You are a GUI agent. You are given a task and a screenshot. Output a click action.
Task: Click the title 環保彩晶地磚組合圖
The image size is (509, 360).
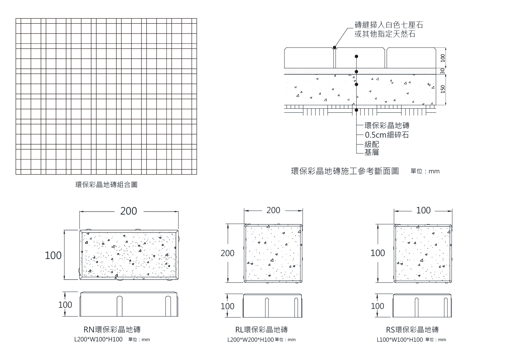106,185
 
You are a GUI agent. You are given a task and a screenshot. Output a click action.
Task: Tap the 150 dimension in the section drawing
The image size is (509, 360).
443,89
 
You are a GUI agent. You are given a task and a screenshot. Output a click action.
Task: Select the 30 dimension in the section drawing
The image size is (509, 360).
443,71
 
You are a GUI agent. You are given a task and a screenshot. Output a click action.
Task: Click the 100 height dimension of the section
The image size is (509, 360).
443,58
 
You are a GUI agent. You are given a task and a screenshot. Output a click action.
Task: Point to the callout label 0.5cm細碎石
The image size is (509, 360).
387,135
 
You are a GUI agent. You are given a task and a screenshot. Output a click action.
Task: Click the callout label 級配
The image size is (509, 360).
372,144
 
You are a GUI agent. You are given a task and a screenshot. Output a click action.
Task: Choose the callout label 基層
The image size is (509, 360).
372,152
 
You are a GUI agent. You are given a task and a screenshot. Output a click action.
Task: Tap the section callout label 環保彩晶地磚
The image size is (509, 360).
387,125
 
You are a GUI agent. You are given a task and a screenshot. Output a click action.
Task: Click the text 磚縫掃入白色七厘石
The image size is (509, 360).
389,25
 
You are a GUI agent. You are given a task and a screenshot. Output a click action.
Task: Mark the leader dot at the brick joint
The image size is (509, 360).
334,48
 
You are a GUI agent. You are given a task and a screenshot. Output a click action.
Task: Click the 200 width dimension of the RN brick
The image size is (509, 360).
129,211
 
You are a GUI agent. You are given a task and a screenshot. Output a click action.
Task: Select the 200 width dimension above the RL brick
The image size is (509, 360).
273,210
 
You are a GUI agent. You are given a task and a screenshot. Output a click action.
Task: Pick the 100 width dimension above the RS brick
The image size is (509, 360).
423,210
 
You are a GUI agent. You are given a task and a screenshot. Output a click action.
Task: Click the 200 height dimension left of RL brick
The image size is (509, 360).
227,253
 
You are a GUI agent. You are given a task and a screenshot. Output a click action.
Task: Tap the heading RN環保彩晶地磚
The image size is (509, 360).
112,330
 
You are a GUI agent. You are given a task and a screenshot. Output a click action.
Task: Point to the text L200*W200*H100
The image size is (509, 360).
250,340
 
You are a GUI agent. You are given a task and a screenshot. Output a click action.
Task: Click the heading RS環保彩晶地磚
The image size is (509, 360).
412,330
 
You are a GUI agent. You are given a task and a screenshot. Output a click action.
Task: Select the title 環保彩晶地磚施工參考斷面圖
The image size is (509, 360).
345,171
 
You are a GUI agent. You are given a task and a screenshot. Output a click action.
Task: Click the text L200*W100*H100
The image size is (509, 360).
98,339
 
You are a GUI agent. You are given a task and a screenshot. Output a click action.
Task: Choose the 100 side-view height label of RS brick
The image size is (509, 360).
377,306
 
